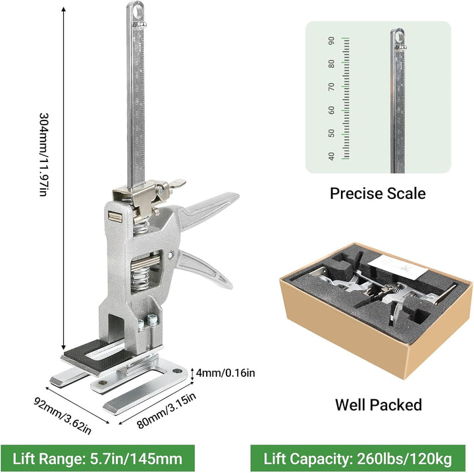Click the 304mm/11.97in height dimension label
tap(43, 155)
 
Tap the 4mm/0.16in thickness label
tap(225, 373)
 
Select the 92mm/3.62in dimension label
tap(62, 416)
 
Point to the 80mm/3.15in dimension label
tap(167, 410)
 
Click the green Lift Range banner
tap(97, 459)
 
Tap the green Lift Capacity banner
tap(357, 459)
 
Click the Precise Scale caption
tap(378, 193)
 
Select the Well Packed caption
tap(378, 404)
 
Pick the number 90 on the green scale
tap(332, 41)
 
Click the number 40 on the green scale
tap(332, 156)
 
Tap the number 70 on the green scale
tap(332, 87)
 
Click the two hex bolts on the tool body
tap(147, 321)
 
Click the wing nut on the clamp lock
tap(176, 184)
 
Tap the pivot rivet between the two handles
tap(170, 255)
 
